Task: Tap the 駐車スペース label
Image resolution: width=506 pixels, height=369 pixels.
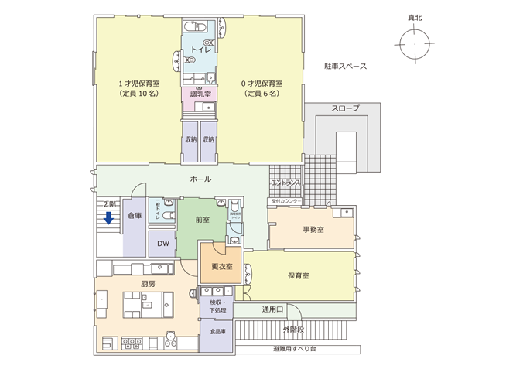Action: tap(345, 67)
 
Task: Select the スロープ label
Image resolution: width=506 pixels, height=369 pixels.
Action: tap(345, 108)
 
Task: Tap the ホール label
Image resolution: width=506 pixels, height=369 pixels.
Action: tap(200, 179)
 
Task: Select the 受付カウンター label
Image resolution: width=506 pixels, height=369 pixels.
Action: tap(285, 201)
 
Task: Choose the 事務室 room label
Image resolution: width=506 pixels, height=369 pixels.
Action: tap(313, 230)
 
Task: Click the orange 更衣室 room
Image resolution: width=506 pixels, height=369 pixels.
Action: tap(221, 268)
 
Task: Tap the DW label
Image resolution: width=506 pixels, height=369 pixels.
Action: tap(162, 244)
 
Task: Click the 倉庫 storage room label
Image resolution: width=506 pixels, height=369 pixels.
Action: tap(134, 217)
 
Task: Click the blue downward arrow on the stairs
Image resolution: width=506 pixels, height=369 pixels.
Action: tap(109, 217)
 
